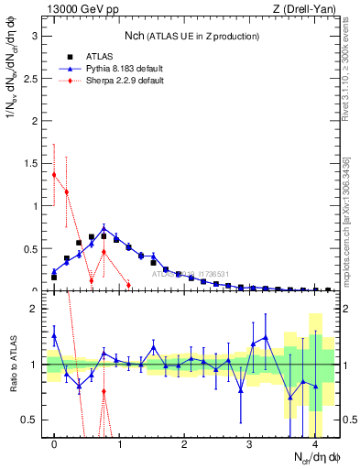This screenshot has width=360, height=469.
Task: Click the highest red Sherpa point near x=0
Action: pyautogui.click(x=54, y=174)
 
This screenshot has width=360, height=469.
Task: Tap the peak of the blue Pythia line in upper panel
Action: pyautogui.click(x=104, y=228)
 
